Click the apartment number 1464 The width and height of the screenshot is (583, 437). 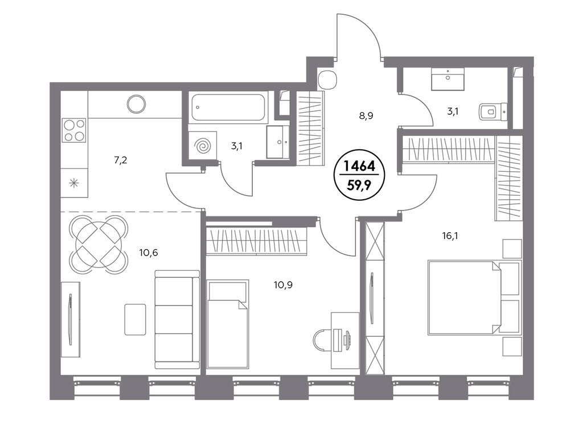pos(359,166)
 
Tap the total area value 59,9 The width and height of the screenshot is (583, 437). pos(359,185)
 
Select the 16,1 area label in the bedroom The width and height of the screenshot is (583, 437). pos(450,236)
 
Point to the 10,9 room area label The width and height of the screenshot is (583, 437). pos(283,285)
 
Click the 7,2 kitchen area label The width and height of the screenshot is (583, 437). pos(121,160)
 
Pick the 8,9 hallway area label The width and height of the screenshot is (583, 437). pos(366,116)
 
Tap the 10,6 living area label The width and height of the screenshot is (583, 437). pos(149,253)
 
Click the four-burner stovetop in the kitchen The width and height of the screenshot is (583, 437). pos(74,130)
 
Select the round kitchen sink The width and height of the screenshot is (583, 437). pos(136,104)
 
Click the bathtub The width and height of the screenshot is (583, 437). pos(228,108)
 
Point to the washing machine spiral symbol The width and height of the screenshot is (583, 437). pos(203,146)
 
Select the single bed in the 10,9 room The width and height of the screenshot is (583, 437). pos(228,324)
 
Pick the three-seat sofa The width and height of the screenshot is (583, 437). pos(177,319)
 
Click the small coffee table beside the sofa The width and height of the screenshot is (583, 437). pos(135,319)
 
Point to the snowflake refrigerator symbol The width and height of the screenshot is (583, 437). pos(74,183)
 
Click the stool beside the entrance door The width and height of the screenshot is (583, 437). pos(328,80)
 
